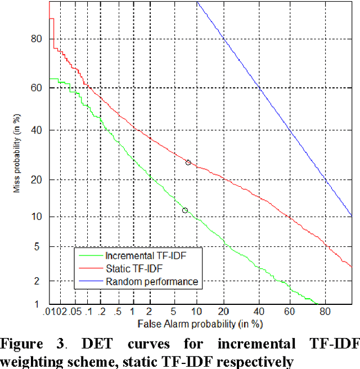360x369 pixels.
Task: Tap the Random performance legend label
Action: point(152,281)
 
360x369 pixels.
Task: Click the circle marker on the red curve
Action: point(188,163)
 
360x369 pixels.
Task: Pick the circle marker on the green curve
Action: point(185,210)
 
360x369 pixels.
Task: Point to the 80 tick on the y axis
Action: point(37,39)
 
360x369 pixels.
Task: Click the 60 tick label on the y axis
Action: point(37,88)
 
